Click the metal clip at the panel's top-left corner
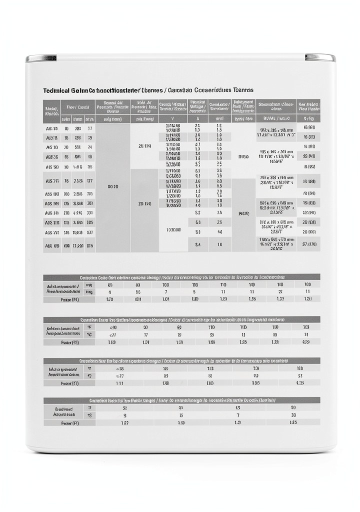[41, 58]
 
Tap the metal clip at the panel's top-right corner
[320, 57]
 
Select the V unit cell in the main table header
[173, 119]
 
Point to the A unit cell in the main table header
[197, 119]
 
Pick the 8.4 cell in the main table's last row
[198, 245]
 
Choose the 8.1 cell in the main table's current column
[198, 232]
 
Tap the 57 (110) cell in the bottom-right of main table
[309, 244]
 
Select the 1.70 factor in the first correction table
[110, 299]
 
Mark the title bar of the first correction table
[181, 277]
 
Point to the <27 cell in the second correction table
[112, 334]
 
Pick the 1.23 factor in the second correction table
[275, 342]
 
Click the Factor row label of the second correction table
[69, 342]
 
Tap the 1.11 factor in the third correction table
[119, 383]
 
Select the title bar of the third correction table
[181, 360]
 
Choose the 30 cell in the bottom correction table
[293, 415]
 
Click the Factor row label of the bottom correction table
[69, 423]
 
